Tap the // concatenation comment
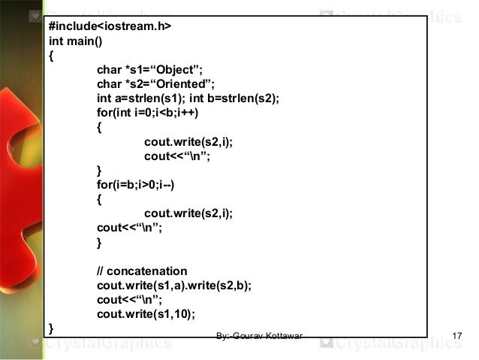pos(142,271)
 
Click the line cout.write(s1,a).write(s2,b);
pos(174,285)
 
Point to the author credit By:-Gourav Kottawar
pos(258,334)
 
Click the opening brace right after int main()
pos(51,56)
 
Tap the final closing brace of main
pos(51,328)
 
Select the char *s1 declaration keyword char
pos(109,70)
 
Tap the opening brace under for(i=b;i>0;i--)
pos(100,199)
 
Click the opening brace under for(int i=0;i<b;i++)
pos(100,126)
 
